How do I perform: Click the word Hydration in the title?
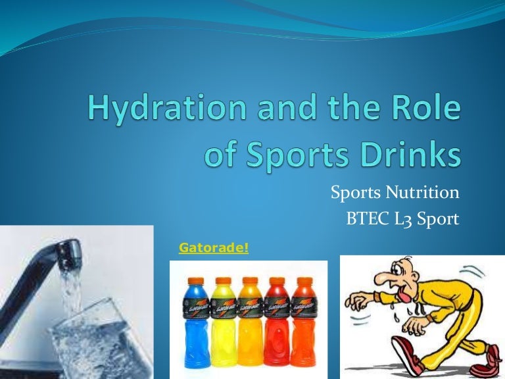pyautogui.click(x=167, y=108)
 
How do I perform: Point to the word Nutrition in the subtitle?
pyautogui.click(x=422, y=192)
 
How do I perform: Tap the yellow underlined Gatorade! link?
pyautogui.click(x=214, y=248)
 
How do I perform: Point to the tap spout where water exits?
pyautogui.click(x=69, y=257)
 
